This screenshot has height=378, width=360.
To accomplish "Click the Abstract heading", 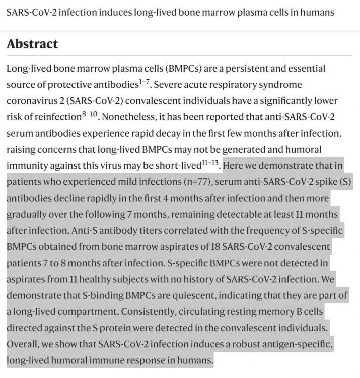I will coord(32,44).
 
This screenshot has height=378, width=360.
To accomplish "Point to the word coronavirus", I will coord(29,101).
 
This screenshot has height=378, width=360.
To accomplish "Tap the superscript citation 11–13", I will coord(212,162).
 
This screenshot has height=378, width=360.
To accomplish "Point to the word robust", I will coord(239,345).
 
